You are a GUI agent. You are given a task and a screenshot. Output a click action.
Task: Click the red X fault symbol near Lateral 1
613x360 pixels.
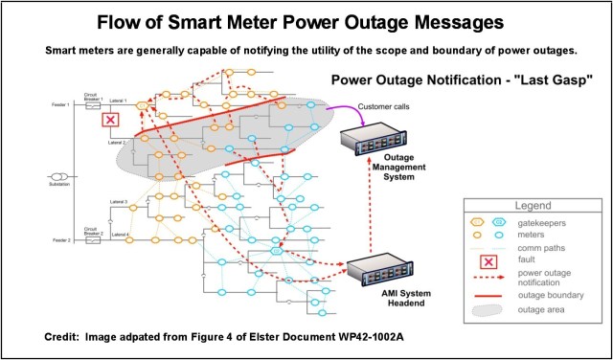(111, 120)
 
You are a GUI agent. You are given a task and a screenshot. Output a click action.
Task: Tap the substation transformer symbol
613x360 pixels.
(59, 176)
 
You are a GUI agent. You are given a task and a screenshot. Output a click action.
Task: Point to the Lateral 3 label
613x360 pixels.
(118, 202)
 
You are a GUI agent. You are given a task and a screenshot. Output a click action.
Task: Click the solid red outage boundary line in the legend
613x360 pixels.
(488, 296)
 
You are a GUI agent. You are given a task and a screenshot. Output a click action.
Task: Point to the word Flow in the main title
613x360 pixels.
(148, 19)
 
